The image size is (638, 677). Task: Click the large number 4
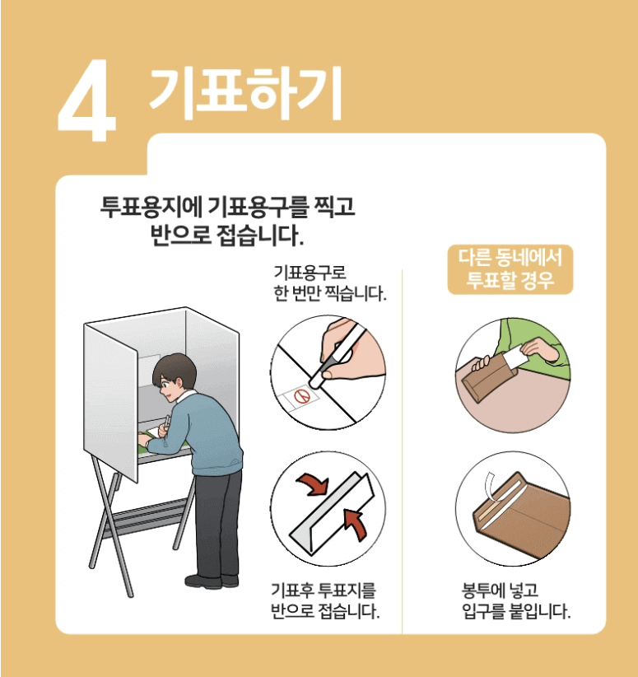87,100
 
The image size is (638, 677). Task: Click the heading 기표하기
245,93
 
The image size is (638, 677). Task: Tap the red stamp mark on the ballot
303,396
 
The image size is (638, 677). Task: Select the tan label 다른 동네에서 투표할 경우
510,269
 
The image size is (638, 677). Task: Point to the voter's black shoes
212,581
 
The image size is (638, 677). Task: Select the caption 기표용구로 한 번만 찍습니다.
330,283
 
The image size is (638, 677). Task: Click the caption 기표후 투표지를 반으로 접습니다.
325,600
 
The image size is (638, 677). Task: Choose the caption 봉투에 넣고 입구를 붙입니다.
516,600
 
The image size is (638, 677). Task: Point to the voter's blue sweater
203,432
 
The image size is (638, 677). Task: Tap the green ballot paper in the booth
150,441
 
